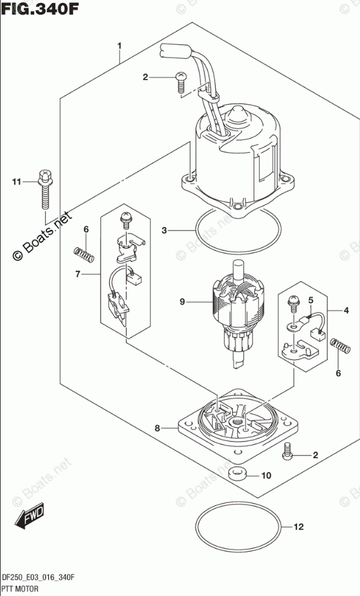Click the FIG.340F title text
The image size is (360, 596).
click(x=40, y=8)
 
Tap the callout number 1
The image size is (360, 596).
click(x=119, y=46)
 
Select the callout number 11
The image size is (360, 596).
click(x=16, y=182)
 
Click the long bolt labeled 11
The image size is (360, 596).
click(x=45, y=189)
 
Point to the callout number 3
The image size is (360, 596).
click(x=164, y=230)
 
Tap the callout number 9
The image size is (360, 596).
click(x=183, y=302)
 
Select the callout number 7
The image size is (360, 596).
click(x=78, y=274)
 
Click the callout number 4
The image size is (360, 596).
click(x=346, y=311)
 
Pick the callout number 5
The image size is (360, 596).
click(x=311, y=300)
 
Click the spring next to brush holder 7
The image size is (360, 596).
click(x=83, y=255)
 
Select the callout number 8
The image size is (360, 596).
click(x=157, y=428)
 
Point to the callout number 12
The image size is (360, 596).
click(x=299, y=527)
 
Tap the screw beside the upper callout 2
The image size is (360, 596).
click(x=181, y=81)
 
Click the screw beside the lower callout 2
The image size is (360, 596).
click(x=287, y=451)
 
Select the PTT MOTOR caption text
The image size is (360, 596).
click(x=20, y=589)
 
